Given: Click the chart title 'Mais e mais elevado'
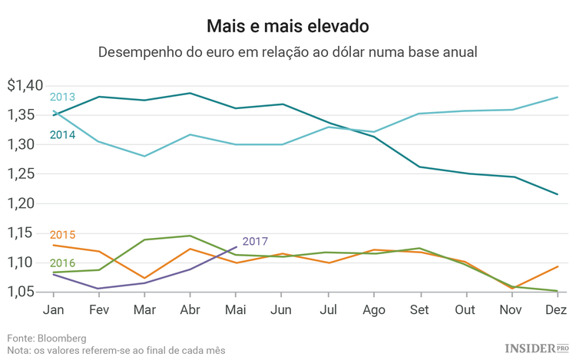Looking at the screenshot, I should (x=287, y=25).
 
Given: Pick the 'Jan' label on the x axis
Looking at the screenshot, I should (x=53, y=310).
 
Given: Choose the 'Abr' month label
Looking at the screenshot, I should (x=190, y=310).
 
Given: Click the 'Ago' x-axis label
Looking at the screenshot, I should (x=374, y=310).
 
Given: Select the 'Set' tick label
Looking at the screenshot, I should (x=419, y=310).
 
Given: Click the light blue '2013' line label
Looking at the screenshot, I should (x=62, y=97).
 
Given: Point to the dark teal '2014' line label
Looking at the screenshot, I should (x=62, y=135).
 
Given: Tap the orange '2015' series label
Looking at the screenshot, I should (x=62, y=235).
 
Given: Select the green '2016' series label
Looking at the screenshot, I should (x=62, y=263).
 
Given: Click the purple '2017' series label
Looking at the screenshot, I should (x=255, y=242).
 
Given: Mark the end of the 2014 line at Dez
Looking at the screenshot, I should (x=557, y=194).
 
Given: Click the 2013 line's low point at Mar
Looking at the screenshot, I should (x=144, y=157).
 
